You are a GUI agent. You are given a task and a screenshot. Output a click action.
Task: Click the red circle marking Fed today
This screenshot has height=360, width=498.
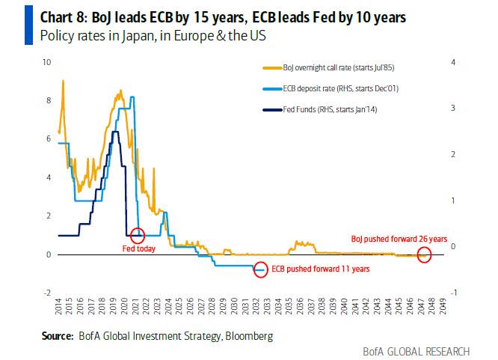point(137,235)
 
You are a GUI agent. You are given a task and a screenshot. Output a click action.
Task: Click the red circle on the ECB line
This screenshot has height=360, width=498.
point(260,269)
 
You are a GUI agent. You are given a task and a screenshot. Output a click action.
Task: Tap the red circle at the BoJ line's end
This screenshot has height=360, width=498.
point(423,256)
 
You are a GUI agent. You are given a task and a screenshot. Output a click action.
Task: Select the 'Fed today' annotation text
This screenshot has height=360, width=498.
point(140,249)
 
